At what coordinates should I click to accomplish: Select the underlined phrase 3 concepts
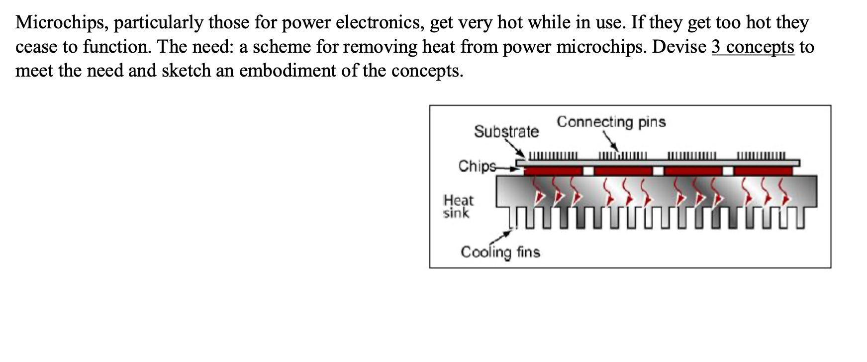pyautogui.click(x=753, y=47)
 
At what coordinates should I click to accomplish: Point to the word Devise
pyautogui.click(x=679, y=47)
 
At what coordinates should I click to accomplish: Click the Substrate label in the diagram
pyautogui.click(x=506, y=131)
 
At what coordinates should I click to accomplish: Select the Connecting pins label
pyautogui.click(x=611, y=122)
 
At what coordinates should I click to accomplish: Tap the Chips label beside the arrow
pyautogui.click(x=477, y=166)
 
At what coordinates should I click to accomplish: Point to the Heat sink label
pyautogui.click(x=458, y=206)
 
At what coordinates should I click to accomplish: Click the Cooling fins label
pyautogui.click(x=500, y=252)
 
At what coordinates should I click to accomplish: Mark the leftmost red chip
pyautogui.click(x=553, y=171)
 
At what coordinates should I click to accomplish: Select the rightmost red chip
pyautogui.click(x=763, y=171)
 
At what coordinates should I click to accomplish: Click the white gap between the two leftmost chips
pyautogui.click(x=588, y=171)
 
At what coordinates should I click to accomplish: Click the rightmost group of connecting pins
pyautogui.click(x=762, y=156)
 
